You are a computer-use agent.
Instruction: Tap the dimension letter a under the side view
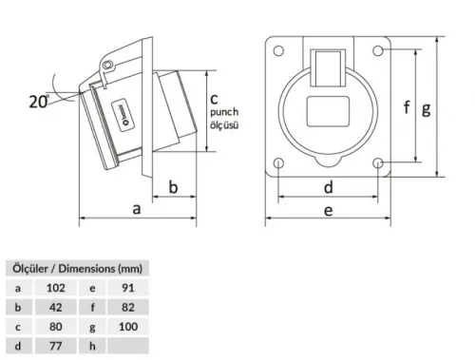click(137, 209)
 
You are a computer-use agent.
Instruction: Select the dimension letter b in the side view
click(174, 187)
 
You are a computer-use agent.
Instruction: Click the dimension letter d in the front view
click(328, 187)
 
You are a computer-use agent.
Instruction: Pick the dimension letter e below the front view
click(328, 211)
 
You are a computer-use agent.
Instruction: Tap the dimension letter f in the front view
click(407, 107)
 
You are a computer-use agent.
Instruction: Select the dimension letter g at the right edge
click(427, 107)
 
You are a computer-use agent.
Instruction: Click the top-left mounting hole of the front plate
click(278, 49)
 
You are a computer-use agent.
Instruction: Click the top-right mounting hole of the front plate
click(379, 49)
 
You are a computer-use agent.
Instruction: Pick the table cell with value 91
click(128, 286)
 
